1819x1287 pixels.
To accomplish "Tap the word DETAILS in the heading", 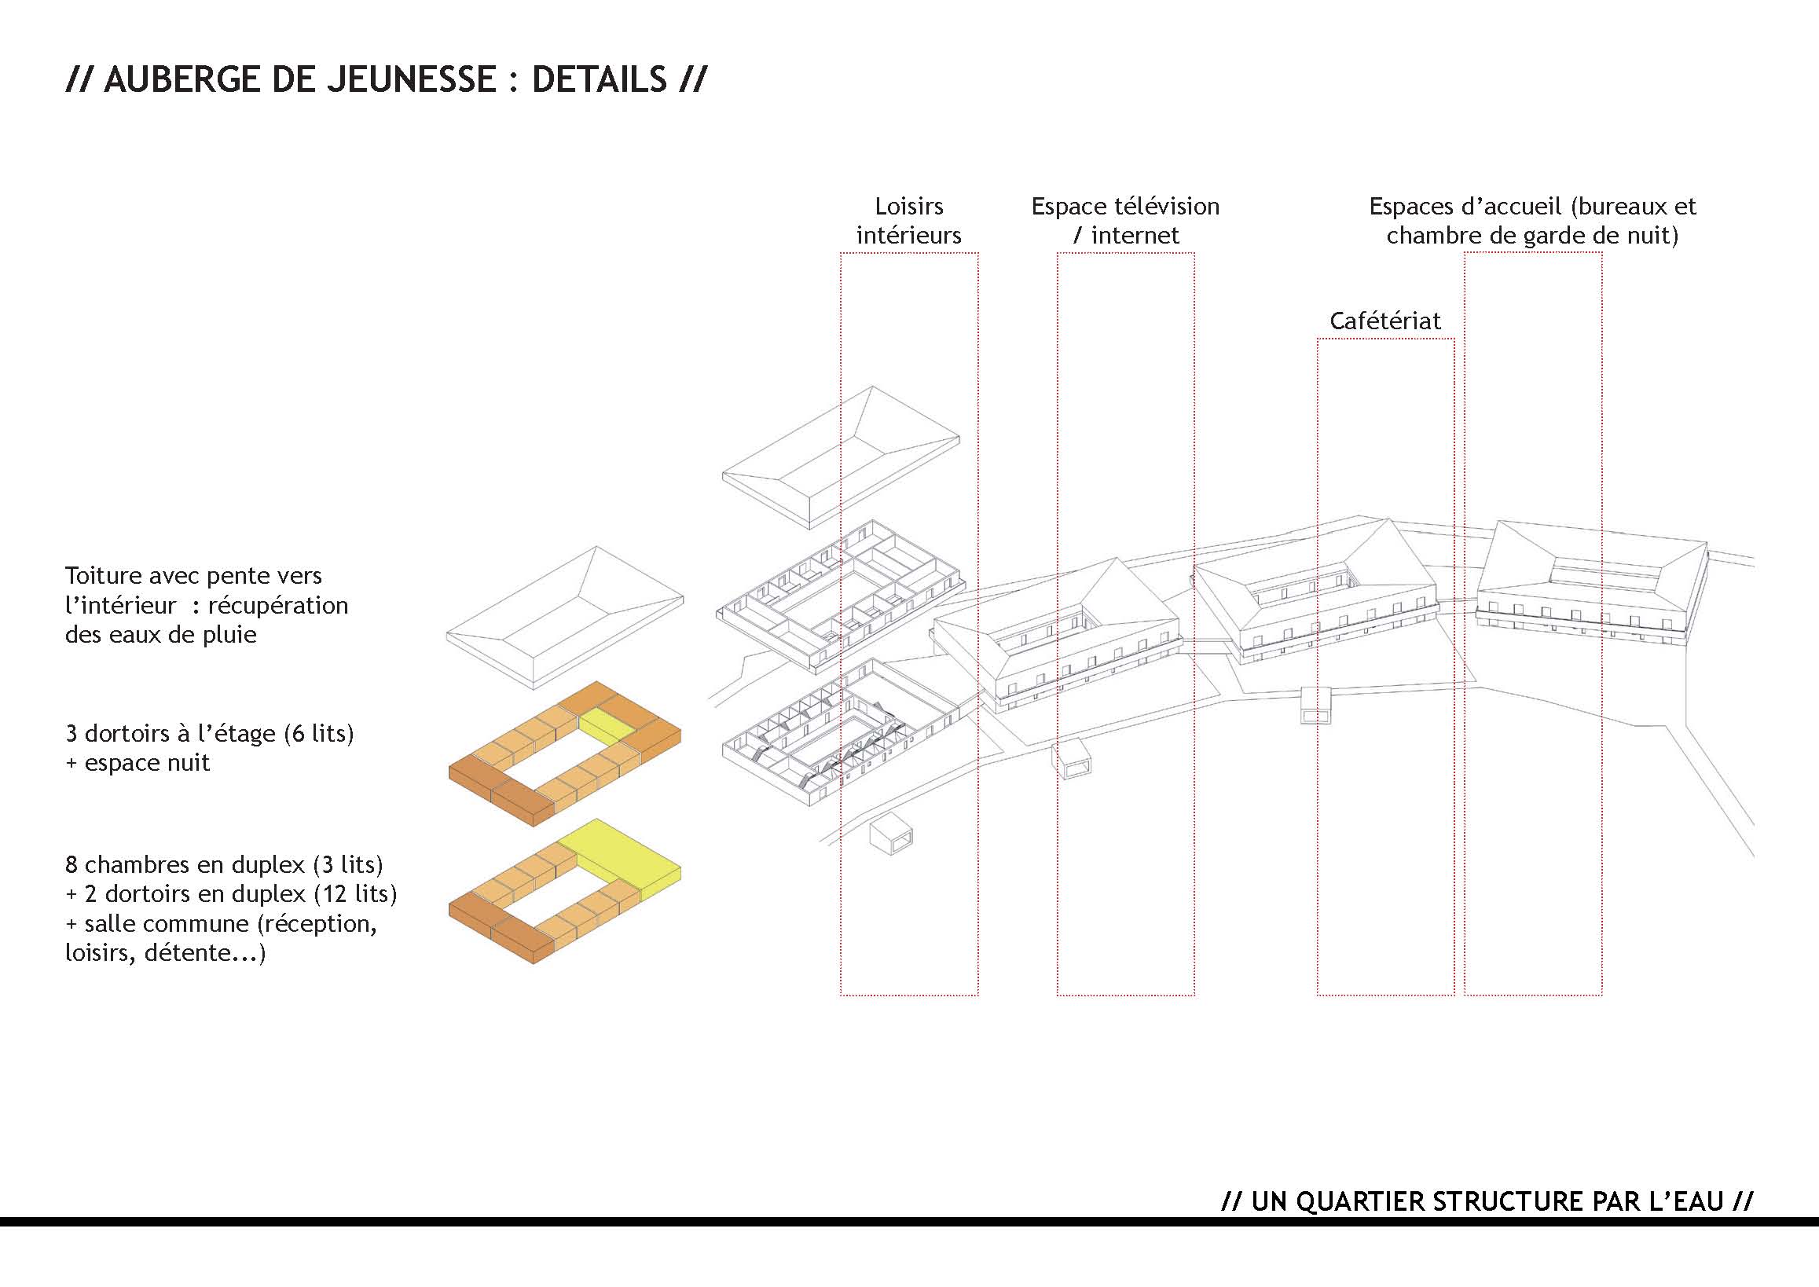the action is (600, 80).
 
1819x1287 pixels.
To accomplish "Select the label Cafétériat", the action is (1384, 321).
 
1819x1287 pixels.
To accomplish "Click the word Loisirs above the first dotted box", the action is (909, 207).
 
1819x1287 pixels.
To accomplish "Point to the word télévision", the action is (1168, 207).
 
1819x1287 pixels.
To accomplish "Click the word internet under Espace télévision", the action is (1135, 236).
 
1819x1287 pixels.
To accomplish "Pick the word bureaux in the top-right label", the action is (1623, 207).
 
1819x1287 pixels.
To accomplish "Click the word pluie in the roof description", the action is (230, 635).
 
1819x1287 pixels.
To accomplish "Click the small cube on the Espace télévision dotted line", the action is (1073, 761).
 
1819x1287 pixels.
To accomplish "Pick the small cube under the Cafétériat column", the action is (1315, 706).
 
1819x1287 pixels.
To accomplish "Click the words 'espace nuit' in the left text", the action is (148, 763).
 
